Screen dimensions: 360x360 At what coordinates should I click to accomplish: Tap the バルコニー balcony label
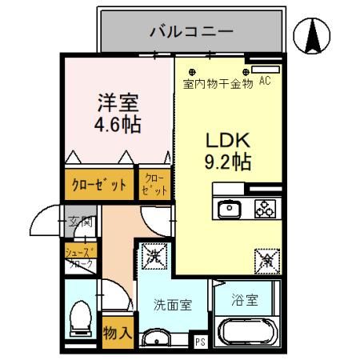pyautogui.click(x=191, y=32)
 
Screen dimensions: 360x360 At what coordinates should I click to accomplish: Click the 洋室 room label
pyautogui.click(x=119, y=103)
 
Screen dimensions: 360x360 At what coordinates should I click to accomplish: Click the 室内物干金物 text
pyautogui.click(x=218, y=82)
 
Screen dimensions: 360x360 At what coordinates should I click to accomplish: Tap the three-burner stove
pyautogui.click(x=265, y=209)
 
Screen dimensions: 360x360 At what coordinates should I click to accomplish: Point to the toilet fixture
pyautogui.click(x=81, y=318)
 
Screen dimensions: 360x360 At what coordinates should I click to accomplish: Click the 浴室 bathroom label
pyautogui.click(x=246, y=301)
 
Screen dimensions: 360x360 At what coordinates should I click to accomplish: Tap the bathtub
pyautogui.click(x=249, y=331)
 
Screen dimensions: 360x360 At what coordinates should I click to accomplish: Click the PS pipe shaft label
pyautogui.click(x=200, y=342)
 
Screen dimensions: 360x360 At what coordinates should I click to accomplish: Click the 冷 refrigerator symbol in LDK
pyautogui.click(x=266, y=258)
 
